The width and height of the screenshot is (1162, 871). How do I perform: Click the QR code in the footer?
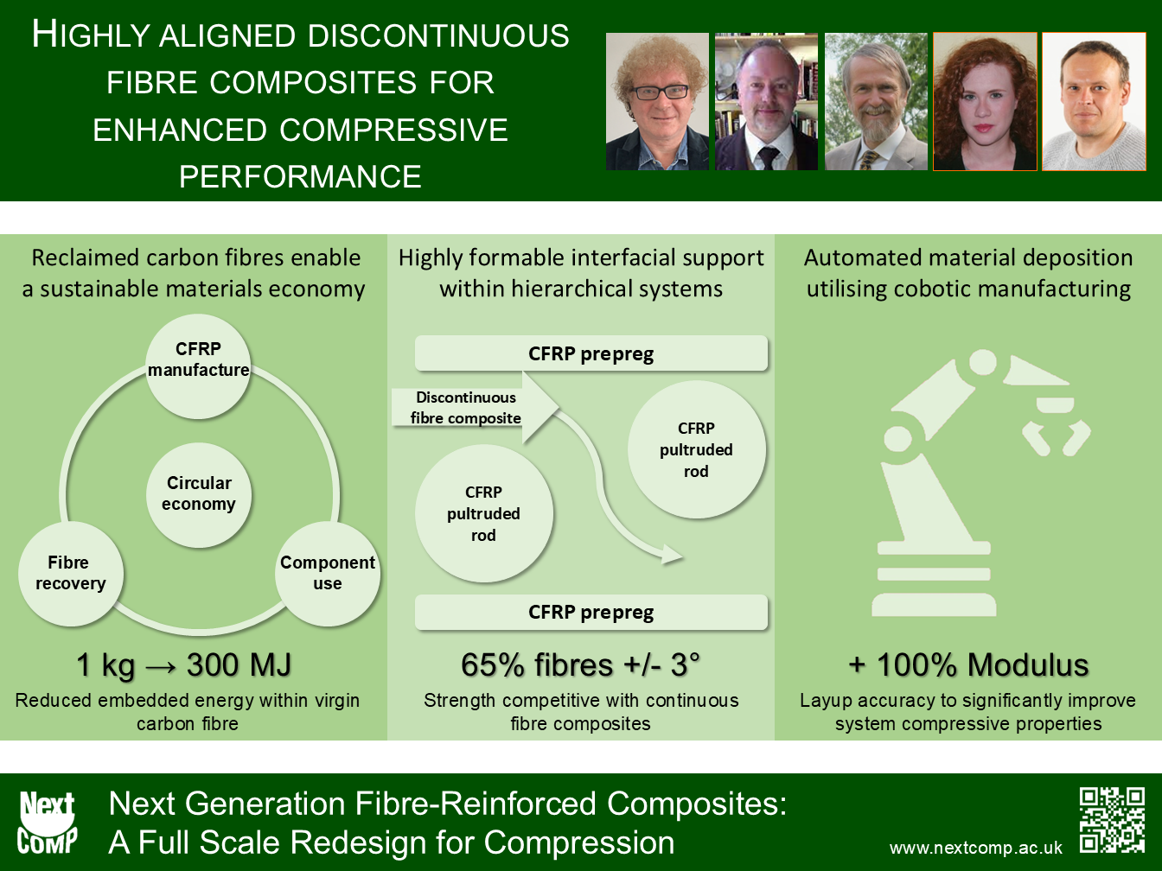[x=1112, y=820]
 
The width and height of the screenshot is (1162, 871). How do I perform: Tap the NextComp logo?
[x=47, y=823]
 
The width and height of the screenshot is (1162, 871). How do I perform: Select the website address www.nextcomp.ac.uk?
[x=975, y=849]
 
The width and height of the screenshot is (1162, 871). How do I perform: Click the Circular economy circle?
[x=199, y=494]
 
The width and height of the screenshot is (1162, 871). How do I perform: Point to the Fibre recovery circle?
[x=70, y=573]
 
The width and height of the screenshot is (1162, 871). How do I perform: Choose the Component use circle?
[x=327, y=573]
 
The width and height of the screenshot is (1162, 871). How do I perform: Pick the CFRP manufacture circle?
[x=198, y=366]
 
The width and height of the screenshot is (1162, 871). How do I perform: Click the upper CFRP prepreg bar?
[x=591, y=353]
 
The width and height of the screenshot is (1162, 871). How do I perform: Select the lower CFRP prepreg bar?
[x=591, y=612]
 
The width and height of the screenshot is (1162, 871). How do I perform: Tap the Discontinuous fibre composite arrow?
[x=475, y=407]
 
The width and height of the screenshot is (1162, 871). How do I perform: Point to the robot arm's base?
[x=934, y=579]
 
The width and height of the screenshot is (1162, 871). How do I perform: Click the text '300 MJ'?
[x=239, y=664]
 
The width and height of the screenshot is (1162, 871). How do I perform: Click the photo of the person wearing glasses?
[x=657, y=102]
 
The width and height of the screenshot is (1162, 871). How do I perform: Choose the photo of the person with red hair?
[x=985, y=102]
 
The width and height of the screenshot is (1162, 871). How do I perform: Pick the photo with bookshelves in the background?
[x=766, y=102]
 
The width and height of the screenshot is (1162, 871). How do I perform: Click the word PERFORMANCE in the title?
[x=300, y=176]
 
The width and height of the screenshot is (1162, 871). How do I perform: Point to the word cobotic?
[x=922, y=289]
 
